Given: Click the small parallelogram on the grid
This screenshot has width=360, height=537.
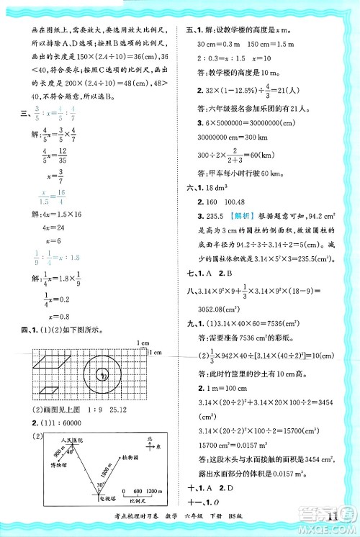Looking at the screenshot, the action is pyautogui.click(x=48, y=390).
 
